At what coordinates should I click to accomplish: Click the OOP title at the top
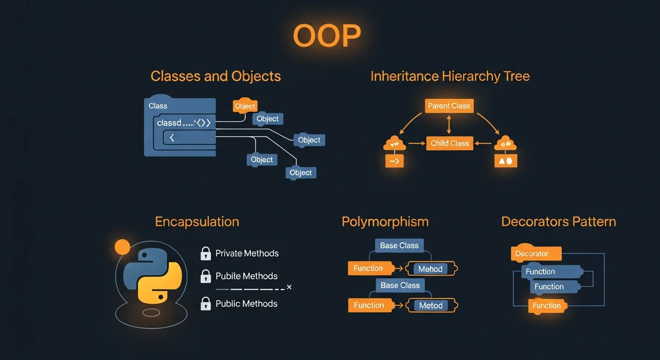(327, 36)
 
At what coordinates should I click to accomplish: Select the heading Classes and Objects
(216, 76)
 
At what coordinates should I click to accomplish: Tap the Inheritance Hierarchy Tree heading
(450, 76)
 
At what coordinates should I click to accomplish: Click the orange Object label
(245, 106)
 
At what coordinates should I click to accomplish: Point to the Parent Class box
(449, 106)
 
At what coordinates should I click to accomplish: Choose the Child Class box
(450, 143)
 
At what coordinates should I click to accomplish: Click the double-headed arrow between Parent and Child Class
(449, 125)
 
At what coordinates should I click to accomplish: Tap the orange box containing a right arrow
(394, 161)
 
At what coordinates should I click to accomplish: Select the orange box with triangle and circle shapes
(505, 161)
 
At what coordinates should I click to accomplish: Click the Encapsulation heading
(197, 222)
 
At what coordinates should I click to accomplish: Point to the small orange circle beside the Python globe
(122, 247)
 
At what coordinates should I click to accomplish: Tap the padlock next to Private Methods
(205, 254)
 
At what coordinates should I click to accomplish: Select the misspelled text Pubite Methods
(247, 276)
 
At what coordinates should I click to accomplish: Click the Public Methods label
(247, 304)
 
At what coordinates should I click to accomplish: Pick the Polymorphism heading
(385, 222)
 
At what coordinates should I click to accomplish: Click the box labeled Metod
(430, 306)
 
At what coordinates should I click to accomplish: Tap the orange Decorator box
(536, 254)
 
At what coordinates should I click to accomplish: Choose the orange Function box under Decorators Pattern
(547, 306)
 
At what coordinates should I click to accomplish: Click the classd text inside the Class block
(169, 123)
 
